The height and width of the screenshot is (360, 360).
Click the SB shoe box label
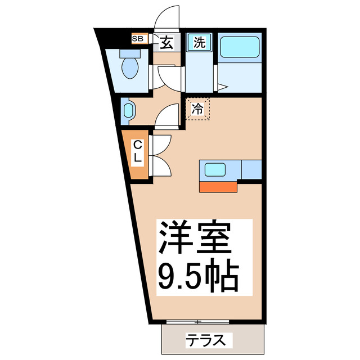[138, 39]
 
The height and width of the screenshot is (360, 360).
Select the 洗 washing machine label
[199, 41]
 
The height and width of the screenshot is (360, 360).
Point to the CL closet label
[137, 152]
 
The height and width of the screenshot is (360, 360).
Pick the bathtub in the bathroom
[238, 48]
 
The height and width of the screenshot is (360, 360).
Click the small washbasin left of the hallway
[128, 111]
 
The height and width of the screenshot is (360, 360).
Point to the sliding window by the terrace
[197, 322]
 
